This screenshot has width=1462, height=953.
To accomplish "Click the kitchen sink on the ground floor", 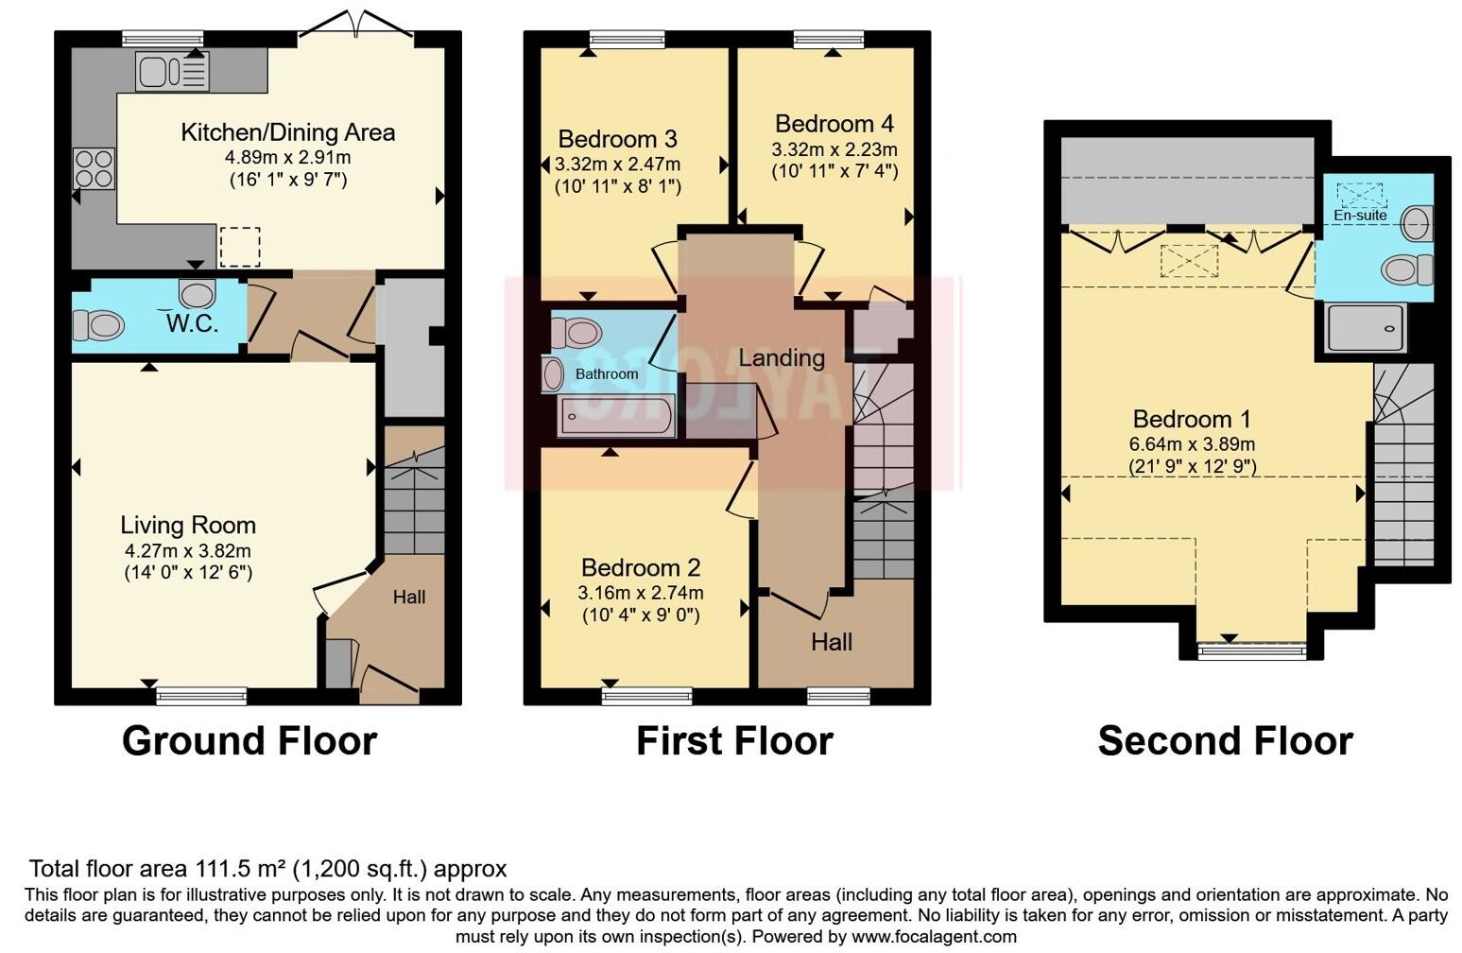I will pyautogui.click(x=172, y=72).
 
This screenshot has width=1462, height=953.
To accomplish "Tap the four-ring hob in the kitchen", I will pyautogui.click(x=94, y=169).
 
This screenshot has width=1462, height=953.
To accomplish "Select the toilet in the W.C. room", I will pyautogui.click(x=98, y=327).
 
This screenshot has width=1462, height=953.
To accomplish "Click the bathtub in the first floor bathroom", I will pyautogui.click(x=616, y=416).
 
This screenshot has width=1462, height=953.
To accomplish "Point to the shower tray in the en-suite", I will pyautogui.click(x=1366, y=327).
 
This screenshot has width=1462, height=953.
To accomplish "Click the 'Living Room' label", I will pyautogui.click(x=188, y=526).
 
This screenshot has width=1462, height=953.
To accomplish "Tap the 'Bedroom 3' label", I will pyautogui.click(x=617, y=139).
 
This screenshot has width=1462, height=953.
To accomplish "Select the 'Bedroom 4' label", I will pyautogui.click(x=834, y=124).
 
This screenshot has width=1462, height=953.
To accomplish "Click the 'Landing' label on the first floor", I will pyautogui.click(x=781, y=358).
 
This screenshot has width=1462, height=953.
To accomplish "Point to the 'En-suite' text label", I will pyautogui.click(x=1360, y=216).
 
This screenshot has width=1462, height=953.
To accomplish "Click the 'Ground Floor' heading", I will pyautogui.click(x=249, y=740).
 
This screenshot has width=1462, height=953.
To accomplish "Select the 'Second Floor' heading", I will pyautogui.click(x=1225, y=740).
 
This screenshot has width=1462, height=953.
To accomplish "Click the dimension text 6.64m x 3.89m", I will pyautogui.click(x=1192, y=444).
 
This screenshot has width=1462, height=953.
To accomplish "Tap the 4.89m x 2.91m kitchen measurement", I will pyautogui.click(x=288, y=157).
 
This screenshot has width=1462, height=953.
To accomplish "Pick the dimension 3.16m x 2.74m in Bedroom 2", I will pyautogui.click(x=640, y=593).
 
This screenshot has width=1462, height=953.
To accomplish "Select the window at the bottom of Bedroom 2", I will pyautogui.click(x=646, y=697).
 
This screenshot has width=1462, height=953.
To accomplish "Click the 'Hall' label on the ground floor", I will pyautogui.click(x=409, y=598).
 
